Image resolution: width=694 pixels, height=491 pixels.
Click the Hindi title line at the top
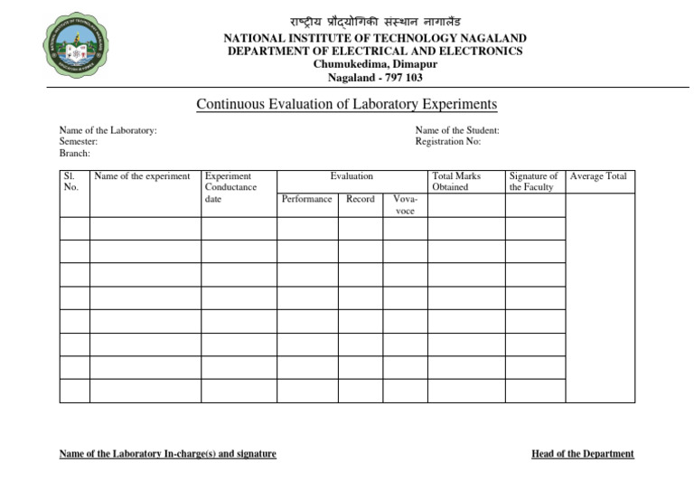click(x=375, y=21)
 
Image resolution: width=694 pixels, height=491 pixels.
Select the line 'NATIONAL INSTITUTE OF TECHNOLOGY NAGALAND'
click(x=375, y=39)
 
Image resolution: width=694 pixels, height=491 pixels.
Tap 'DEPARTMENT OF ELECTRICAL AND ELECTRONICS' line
click(x=375, y=52)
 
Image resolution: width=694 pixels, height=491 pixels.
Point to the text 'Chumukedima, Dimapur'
click(x=375, y=64)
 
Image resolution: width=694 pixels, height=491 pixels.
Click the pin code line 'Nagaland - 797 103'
click(x=375, y=78)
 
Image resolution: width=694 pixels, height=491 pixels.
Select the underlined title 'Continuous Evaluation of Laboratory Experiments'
click(x=347, y=105)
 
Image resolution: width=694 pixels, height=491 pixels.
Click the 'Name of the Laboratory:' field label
click(x=108, y=130)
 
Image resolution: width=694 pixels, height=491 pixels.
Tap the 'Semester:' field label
click(x=79, y=142)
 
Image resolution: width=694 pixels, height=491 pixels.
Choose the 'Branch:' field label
click(x=75, y=154)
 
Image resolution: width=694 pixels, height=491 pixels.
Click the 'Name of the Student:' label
click(x=457, y=130)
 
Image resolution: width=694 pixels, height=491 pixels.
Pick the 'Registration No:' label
click(x=448, y=142)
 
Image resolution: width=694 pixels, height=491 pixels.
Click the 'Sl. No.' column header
click(x=72, y=182)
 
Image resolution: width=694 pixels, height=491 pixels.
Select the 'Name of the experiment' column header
click(x=142, y=176)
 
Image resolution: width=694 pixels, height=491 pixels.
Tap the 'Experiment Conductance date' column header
click(x=231, y=187)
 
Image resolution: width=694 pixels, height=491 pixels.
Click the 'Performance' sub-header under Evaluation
click(x=306, y=199)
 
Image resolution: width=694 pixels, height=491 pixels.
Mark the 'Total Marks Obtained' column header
click(x=456, y=182)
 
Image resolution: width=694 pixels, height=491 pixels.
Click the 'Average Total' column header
click(x=598, y=176)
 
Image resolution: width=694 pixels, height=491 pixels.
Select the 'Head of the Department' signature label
click(x=583, y=454)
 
